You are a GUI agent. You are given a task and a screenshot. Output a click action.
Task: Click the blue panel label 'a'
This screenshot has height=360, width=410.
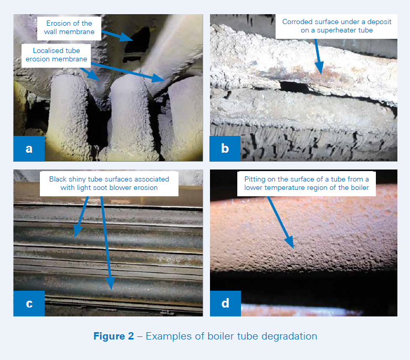[29, 149]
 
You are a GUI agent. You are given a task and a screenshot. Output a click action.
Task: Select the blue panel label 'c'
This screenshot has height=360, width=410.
[29, 303]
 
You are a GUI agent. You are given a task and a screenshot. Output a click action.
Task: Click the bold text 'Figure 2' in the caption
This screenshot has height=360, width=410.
[113, 336]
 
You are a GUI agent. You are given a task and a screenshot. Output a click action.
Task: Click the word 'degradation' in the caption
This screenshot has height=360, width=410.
[288, 336]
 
